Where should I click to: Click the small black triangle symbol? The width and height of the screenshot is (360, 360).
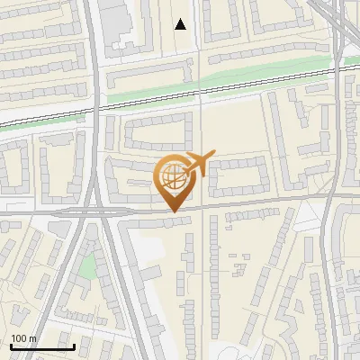[181, 24]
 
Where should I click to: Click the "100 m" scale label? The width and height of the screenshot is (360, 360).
[23, 338]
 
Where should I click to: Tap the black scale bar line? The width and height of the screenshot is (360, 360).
[41, 346]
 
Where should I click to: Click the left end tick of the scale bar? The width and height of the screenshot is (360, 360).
[10, 345]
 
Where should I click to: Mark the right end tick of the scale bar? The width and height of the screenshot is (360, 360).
[74, 345]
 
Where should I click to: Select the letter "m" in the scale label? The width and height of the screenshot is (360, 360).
[33, 338]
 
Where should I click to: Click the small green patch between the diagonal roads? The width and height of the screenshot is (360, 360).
[87, 265]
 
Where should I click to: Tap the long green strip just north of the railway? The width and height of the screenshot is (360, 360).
[225, 79]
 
